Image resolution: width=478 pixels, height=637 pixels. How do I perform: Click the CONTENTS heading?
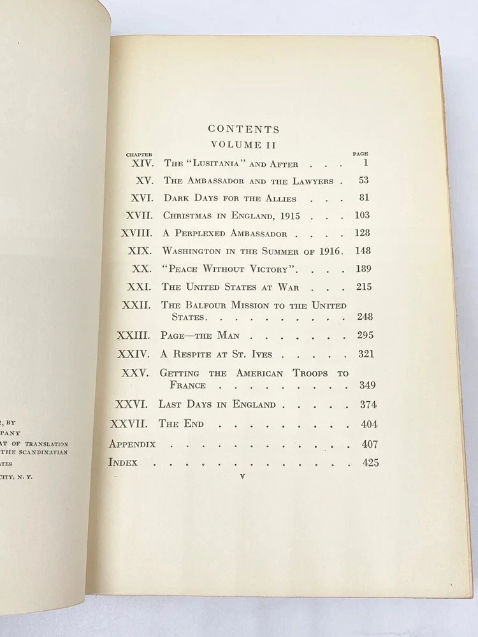point(243,129)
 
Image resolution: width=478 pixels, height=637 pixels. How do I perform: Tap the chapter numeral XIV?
point(143,163)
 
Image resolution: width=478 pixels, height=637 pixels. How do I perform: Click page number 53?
point(363,180)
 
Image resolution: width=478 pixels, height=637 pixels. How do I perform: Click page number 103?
point(362,215)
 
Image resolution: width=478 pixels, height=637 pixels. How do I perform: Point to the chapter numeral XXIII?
point(134,335)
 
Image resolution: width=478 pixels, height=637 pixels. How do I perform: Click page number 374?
point(367,404)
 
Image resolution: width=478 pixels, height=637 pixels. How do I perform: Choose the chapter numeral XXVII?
point(129,424)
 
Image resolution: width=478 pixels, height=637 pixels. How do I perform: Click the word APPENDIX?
point(133,444)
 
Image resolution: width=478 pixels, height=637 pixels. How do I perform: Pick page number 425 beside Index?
point(370,463)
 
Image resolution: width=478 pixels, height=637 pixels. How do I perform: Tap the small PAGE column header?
point(360,154)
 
